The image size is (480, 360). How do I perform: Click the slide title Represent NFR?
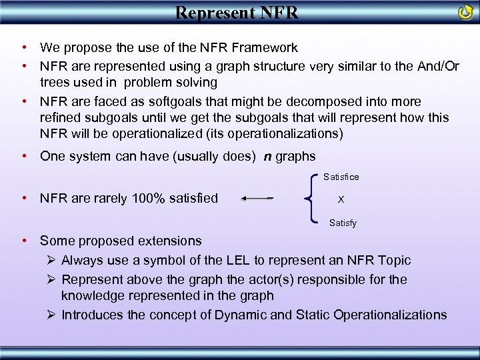237,12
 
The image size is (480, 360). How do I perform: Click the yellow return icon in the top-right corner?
465,12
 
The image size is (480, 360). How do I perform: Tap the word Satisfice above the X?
341,177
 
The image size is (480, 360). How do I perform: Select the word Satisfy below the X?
343,223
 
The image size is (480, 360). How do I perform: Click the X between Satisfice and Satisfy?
341,199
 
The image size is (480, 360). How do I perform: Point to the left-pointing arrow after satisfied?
257,198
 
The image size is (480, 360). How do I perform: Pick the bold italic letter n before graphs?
267,156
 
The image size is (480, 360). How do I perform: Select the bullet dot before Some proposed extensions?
23,241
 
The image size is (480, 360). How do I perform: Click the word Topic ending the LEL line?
393,260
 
